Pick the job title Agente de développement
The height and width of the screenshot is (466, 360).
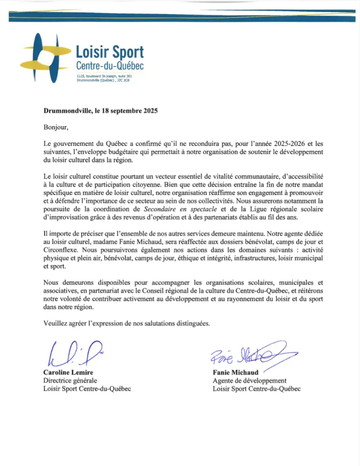coord(253,381)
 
